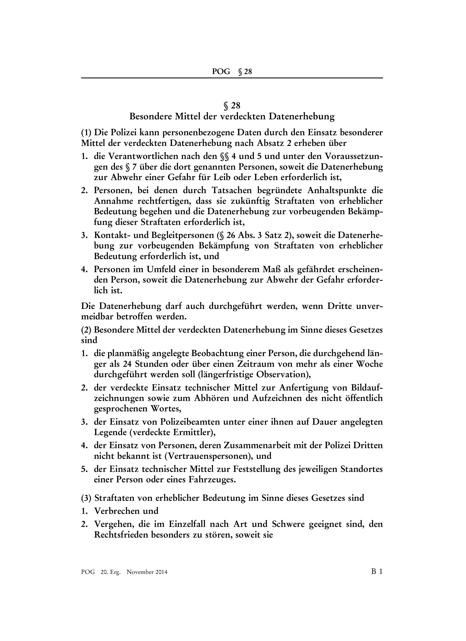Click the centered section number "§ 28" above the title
click(232, 106)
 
